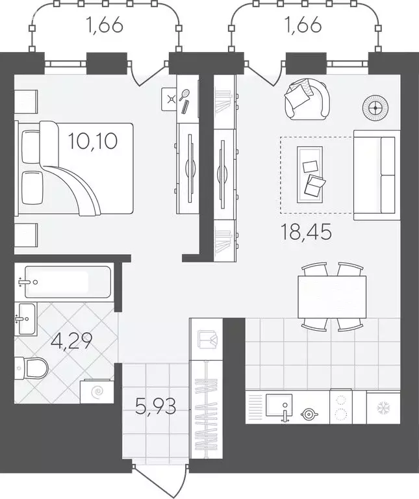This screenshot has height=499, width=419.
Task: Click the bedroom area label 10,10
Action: pos(93,141)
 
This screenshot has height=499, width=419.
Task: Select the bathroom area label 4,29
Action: pos(71,341)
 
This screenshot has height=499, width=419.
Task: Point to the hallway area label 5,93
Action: pos(155,406)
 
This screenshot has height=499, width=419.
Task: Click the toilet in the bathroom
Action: pos(31,368)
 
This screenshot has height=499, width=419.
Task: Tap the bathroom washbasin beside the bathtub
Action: pos(26,319)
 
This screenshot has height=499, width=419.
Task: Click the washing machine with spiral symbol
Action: pos(97,391)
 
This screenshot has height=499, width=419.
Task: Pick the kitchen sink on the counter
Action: pos(279,405)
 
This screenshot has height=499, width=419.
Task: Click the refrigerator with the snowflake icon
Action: pos(383,408)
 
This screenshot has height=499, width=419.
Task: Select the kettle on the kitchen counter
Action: pos(309,414)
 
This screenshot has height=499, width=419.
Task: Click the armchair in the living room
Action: pos(307,99)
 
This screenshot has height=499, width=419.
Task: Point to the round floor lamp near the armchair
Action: pos(375,109)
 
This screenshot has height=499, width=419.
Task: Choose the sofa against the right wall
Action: pos(377,175)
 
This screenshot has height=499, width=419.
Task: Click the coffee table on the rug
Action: pos(310,174)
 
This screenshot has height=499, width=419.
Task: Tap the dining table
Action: pos(332,297)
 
